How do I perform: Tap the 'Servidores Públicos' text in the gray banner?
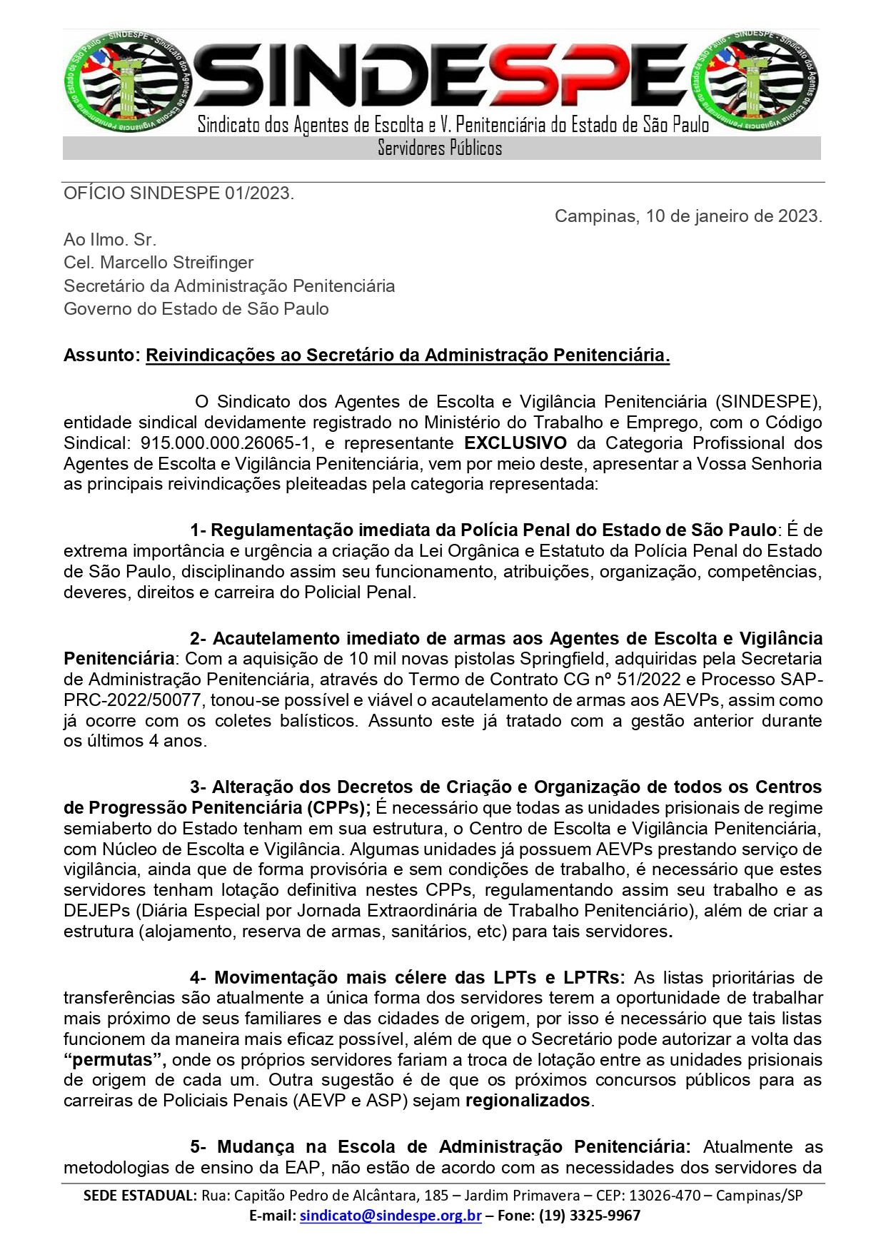440,148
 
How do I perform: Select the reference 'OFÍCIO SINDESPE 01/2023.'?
178,193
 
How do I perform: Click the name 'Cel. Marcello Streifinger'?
158,263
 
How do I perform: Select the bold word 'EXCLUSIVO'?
515,443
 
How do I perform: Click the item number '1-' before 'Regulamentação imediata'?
198,530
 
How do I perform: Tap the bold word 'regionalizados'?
528,1101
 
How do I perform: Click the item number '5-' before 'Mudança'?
198,1147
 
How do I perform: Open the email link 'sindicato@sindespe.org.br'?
391,1216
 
